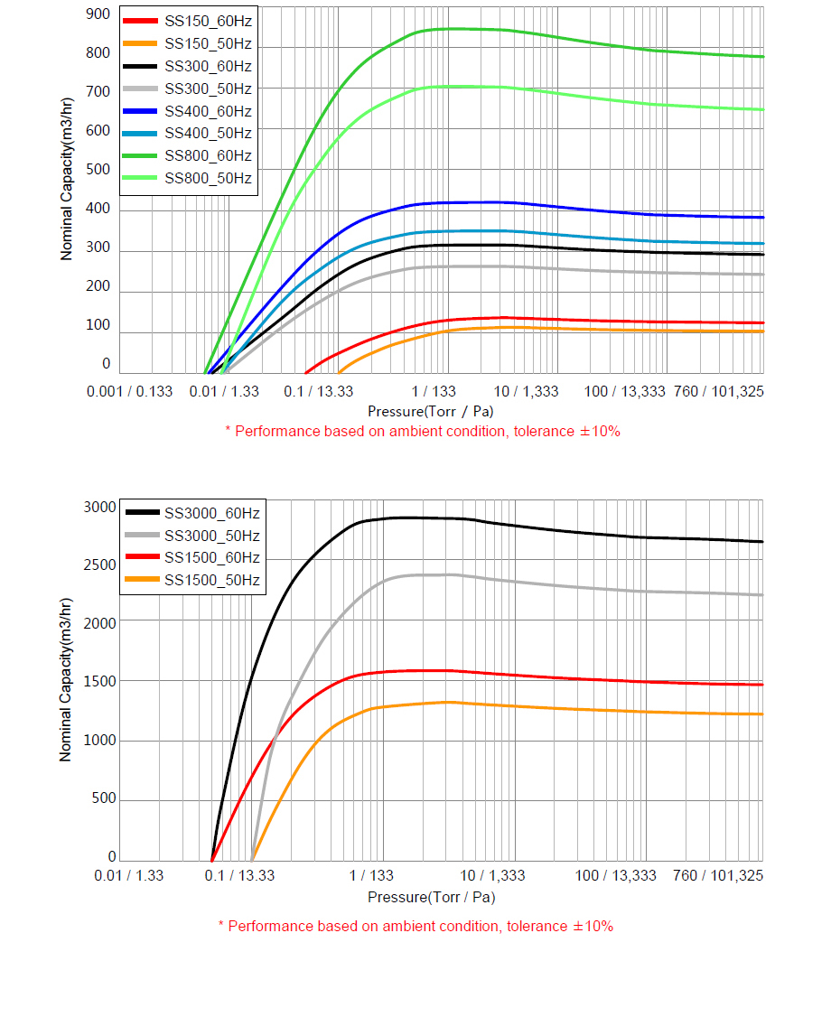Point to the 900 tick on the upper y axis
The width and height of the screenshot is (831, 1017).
[x=98, y=14]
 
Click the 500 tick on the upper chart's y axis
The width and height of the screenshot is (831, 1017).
[x=98, y=170]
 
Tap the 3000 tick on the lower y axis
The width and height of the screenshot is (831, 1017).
[x=100, y=507]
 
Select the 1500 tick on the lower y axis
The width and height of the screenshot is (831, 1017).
[x=100, y=682]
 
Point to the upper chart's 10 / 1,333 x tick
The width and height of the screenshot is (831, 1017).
[x=528, y=391]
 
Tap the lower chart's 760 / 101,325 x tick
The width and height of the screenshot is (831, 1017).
[x=718, y=875]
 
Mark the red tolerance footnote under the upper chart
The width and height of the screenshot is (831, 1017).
[x=422, y=432]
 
